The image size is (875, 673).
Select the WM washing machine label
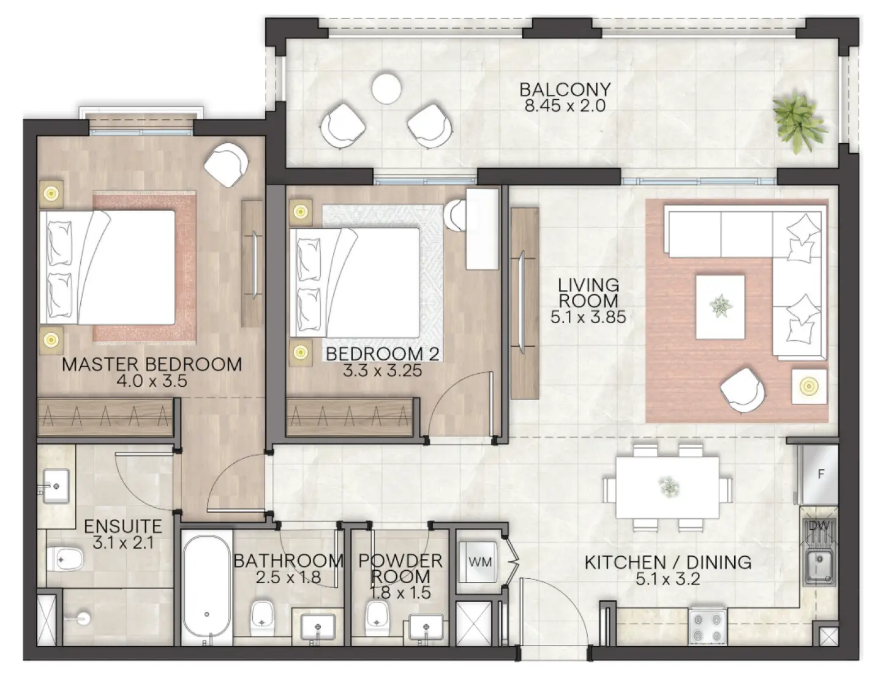pos(479,561)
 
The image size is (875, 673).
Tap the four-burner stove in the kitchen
pos(708,624)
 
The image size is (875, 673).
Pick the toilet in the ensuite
pos(65,557)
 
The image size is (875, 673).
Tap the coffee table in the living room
pos(719,306)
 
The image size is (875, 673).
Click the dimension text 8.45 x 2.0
pos(565,105)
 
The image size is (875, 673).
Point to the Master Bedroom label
pos(152,365)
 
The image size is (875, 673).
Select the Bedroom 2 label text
pos(382,354)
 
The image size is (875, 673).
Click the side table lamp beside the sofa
pos(809,386)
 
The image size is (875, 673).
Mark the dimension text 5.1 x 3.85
pos(588,317)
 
